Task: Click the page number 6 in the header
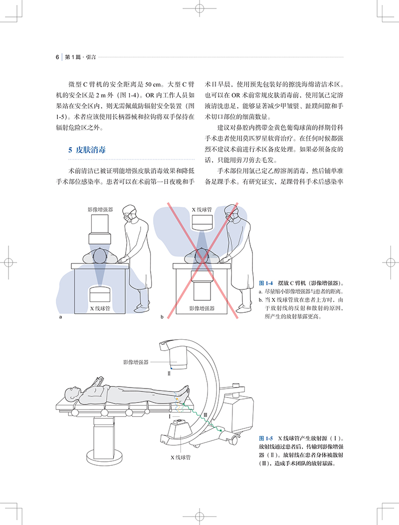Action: pos(57,57)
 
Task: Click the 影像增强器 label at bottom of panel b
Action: pos(201,308)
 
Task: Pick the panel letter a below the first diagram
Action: pos(61,317)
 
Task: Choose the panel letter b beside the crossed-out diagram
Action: pos(162,317)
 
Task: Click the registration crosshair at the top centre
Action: pos(199,9)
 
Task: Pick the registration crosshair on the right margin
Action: pos(390,262)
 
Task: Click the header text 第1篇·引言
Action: pos(81,57)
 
